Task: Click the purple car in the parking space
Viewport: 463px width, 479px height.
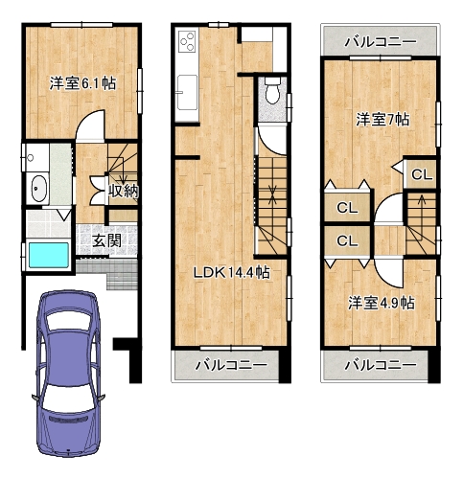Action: [68, 373]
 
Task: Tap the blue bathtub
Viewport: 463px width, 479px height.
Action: [49, 255]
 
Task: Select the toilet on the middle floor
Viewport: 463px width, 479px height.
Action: [272, 90]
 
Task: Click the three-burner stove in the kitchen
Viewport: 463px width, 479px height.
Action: [187, 41]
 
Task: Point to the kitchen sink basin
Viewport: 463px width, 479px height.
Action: [187, 92]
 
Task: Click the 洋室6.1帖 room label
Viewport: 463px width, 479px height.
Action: [82, 83]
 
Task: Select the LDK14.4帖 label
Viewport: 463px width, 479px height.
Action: [232, 272]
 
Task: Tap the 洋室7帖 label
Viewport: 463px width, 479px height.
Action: [382, 120]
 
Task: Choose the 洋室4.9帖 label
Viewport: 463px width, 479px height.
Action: [382, 303]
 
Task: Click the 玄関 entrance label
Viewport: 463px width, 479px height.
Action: [106, 240]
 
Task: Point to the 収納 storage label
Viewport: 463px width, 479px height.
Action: [124, 192]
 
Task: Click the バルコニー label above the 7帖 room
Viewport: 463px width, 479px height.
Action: [381, 41]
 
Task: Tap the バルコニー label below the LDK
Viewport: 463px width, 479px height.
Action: [231, 365]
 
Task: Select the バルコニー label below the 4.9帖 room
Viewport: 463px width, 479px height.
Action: [381, 365]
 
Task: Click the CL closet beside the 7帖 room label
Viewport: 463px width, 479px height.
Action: [422, 174]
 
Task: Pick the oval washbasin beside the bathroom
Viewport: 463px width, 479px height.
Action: [39, 189]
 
